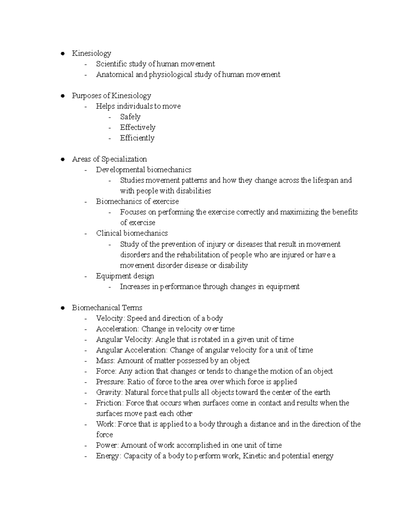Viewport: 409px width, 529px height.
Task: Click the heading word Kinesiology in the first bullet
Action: coord(91,53)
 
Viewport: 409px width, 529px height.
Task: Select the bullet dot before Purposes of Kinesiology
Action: coord(62,96)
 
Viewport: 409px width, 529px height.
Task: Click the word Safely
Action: coord(130,117)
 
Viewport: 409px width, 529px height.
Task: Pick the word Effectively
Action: coord(138,127)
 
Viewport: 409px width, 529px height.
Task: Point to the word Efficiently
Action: coord(137,138)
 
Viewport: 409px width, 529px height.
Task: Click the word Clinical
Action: coord(109,233)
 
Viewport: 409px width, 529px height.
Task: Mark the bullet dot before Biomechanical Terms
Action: coord(62,308)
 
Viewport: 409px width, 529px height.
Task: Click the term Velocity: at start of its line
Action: coord(110,318)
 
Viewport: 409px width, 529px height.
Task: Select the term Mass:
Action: coord(106,361)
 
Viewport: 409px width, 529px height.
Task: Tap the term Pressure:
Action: coord(111,382)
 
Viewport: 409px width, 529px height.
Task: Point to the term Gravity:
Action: coord(109,392)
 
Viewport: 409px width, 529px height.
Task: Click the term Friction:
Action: coord(110,403)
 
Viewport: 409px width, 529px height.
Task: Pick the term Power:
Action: coord(107,445)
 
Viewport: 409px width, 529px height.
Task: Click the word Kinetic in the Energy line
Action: coord(255,456)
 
